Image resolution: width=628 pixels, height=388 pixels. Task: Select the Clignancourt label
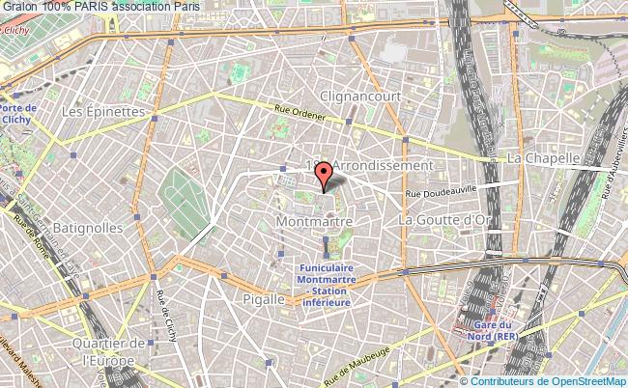[358, 97]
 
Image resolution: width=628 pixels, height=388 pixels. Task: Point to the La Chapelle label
[543, 157]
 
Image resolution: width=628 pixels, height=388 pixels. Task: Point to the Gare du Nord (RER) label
[493, 330]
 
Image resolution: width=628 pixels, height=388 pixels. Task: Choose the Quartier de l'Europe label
[113, 351]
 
